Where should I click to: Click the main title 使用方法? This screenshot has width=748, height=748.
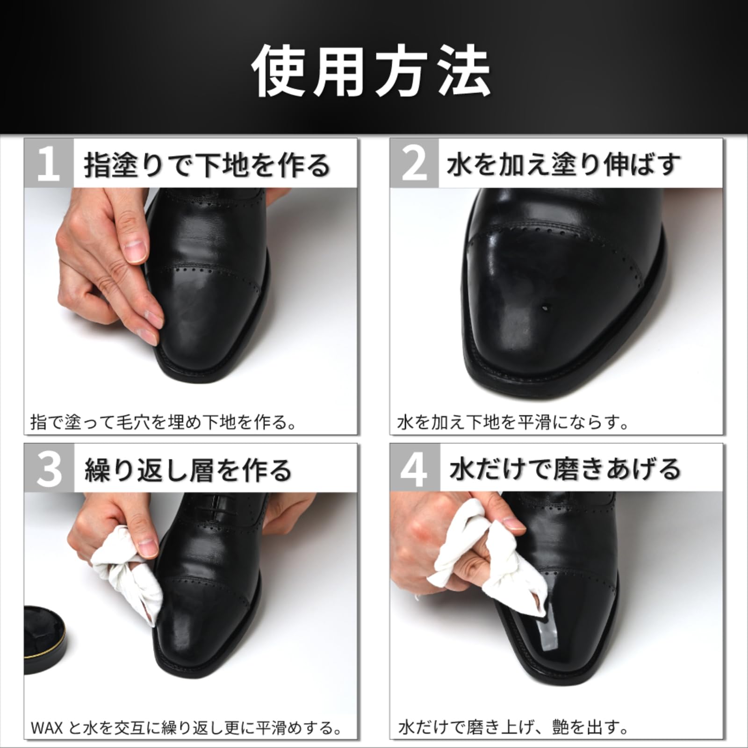click(x=372, y=71)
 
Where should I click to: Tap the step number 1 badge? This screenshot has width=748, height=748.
click(x=49, y=163)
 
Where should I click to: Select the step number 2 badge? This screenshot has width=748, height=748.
click(x=414, y=163)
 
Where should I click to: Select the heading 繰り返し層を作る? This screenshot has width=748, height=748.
click(x=188, y=469)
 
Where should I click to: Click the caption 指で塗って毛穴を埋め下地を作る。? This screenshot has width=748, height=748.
click(x=164, y=422)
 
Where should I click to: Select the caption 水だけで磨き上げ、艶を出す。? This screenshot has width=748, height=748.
click(x=513, y=727)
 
